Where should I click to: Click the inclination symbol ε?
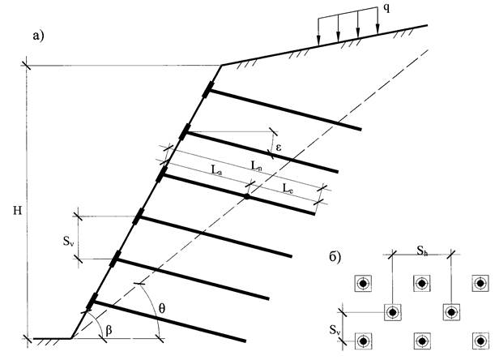click(277, 147)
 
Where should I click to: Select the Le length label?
click(288, 188)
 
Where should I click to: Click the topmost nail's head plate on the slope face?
click(209, 89)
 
